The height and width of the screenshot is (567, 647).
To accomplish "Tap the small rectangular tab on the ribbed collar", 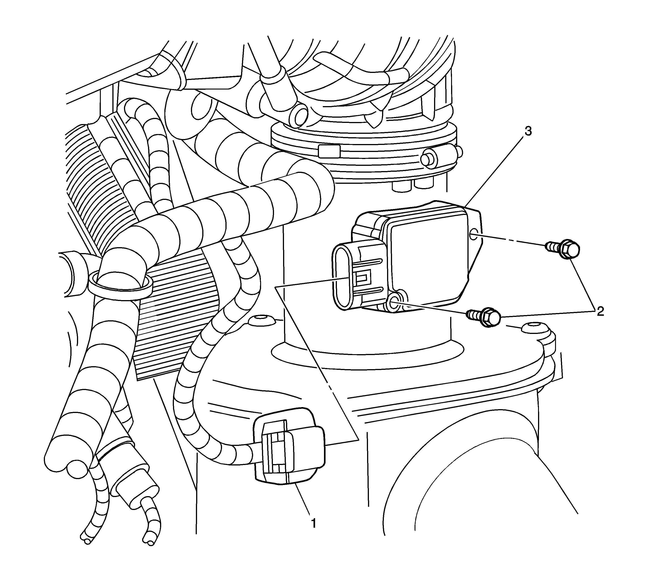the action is pos(329,151).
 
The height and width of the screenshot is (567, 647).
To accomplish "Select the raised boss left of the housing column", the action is pos(261,321).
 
